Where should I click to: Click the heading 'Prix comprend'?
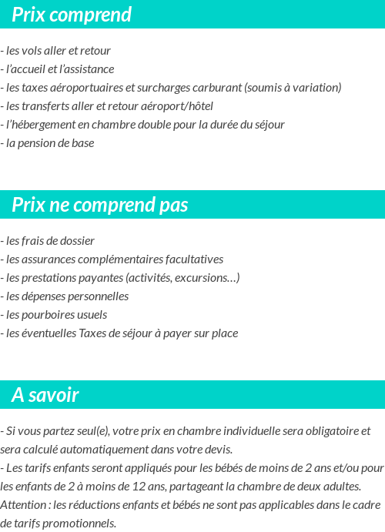(72, 15)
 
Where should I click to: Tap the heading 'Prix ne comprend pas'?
(99, 205)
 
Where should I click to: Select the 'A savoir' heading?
(45, 395)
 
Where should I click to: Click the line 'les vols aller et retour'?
(57, 51)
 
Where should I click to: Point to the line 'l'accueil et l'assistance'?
(59, 69)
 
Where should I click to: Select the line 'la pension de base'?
(49, 143)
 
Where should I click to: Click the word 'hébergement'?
(42, 125)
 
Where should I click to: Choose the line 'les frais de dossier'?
(49, 241)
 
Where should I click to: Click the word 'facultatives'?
(190, 259)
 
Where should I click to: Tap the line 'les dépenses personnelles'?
(66, 296)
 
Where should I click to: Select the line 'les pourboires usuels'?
(55, 315)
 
